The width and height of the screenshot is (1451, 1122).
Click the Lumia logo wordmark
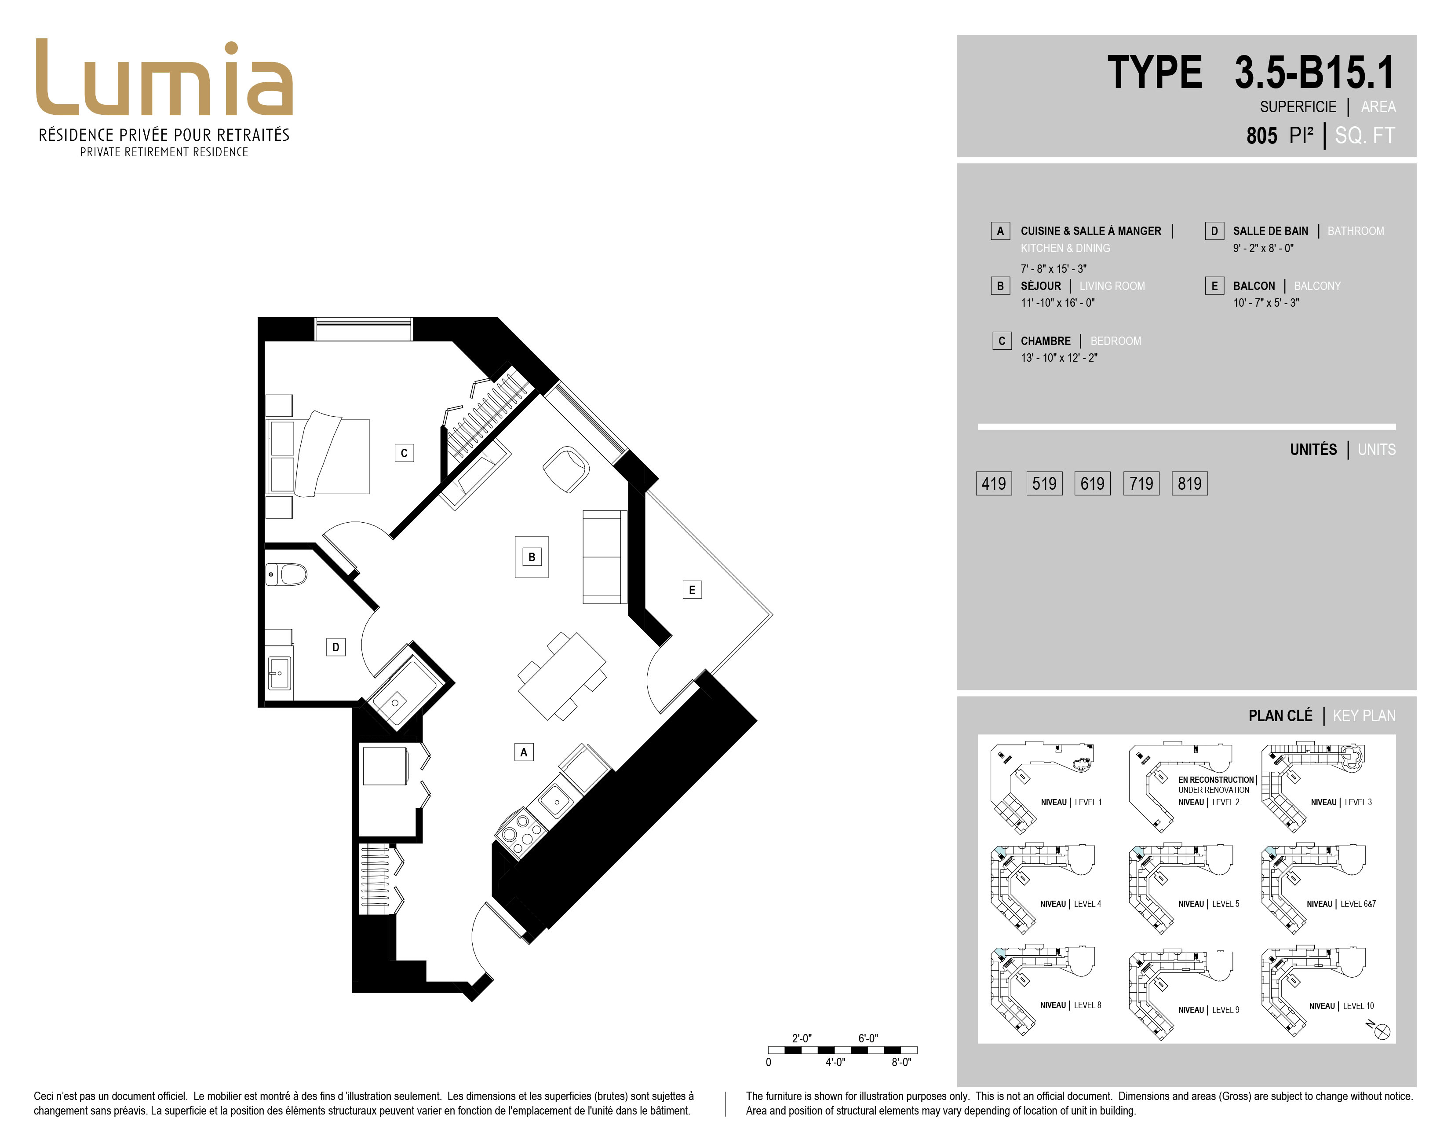(164, 78)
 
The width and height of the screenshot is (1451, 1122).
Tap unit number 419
(993, 483)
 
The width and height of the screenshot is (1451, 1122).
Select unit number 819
(1189, 483)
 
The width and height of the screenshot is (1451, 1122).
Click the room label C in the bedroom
(404, 453)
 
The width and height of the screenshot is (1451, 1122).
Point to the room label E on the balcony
(692, 590)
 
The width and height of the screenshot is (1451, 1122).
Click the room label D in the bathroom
(335, 647)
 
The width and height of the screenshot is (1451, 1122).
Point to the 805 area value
(1261, 136)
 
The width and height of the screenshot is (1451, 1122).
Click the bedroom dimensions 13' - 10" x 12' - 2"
(1059, 358)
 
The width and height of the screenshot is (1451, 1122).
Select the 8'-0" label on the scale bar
(901, 1062)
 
